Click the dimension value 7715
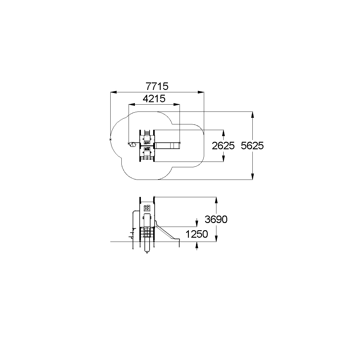157,86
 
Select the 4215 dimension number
154,98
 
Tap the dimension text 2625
223,146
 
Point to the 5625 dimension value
252,146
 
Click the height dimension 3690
216,219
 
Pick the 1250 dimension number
197,234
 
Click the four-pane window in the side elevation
147,208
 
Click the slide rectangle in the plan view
167,146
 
